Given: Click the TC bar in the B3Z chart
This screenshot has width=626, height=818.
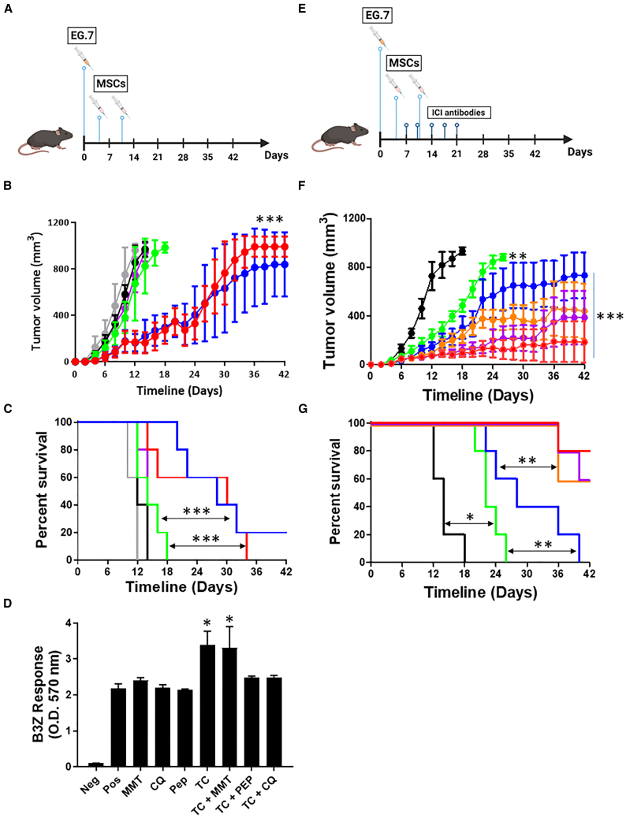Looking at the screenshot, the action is tap(208, 706).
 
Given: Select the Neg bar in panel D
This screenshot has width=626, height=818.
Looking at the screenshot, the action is tap(95, 764).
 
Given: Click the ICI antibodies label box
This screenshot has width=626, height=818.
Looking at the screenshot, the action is tap(459, 112).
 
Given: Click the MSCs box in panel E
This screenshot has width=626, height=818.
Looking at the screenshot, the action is tap(404, 63).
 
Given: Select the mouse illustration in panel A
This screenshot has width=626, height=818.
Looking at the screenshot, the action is tap(46, 141).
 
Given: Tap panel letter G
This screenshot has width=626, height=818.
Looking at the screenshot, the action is tap(302, 408).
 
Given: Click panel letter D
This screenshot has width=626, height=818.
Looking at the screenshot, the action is tap(8, 604).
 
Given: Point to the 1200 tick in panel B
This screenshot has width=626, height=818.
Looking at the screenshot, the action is tap(58, 222).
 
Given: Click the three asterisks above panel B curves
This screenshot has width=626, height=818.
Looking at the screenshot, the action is tap(270, 219).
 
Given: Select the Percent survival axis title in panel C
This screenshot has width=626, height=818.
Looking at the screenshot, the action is tap(43, 489).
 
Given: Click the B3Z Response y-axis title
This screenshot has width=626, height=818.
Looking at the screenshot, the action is tap(46, 693).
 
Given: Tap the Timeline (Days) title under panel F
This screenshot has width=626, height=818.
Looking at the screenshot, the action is tap(479, 395).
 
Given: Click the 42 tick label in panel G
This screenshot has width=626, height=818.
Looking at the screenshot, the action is tap(589, 574).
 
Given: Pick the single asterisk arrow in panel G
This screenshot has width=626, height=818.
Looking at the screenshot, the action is tap(469, 523).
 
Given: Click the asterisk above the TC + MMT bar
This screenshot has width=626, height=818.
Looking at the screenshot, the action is tap(229, 619).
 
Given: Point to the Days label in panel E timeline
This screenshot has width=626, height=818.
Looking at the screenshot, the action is tap(580, 152).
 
